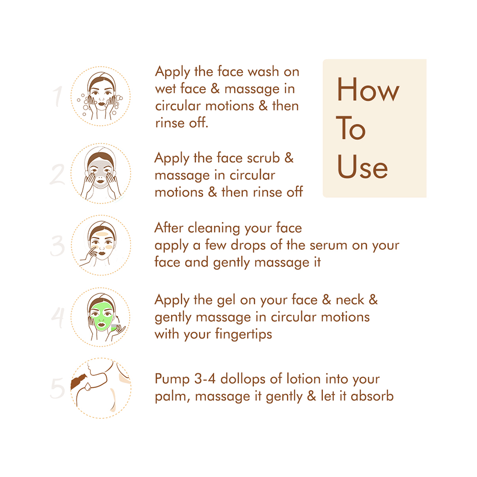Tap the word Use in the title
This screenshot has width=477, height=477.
(363, 166)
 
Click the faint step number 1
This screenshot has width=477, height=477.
(58, 96)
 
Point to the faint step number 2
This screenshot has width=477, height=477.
(58, 174)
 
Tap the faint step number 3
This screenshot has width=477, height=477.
(58, 246)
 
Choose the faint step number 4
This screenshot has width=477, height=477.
(58, 317)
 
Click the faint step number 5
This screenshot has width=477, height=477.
(58, 388)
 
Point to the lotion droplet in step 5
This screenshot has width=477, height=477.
(88, 387)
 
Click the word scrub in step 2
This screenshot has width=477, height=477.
(263, 158)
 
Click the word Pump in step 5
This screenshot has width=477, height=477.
(172, 380)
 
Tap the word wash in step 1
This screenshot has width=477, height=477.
(263, 72)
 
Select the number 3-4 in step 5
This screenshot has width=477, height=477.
(205, 379)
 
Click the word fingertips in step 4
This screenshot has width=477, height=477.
(244, 334)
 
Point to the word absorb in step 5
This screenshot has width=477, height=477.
(372, 396)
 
